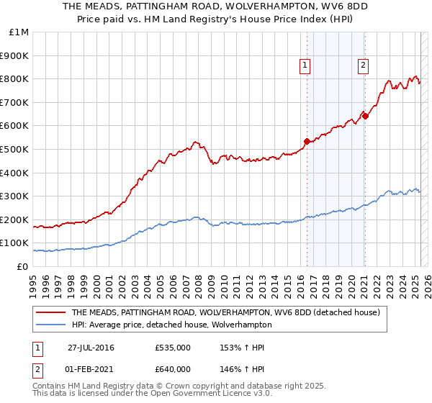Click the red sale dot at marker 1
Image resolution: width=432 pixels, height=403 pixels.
pos(307,141)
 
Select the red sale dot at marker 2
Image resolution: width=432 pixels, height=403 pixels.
pos(365,116)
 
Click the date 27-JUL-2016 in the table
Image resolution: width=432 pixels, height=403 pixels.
pos(91,348)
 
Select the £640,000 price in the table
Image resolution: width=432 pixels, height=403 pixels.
pos(172,369)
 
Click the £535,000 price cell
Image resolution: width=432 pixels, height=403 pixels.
pos(172,348)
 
